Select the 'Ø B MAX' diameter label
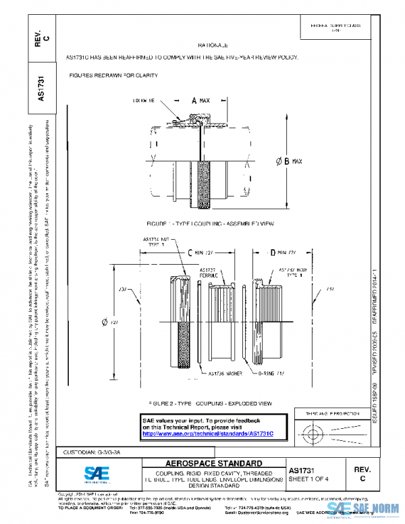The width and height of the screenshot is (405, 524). coord(290,161)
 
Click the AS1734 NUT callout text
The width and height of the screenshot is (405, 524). coord(157,242)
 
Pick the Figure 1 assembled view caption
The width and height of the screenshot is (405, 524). coord(209,223)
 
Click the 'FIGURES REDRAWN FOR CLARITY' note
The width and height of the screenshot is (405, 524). coord(113,75)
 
